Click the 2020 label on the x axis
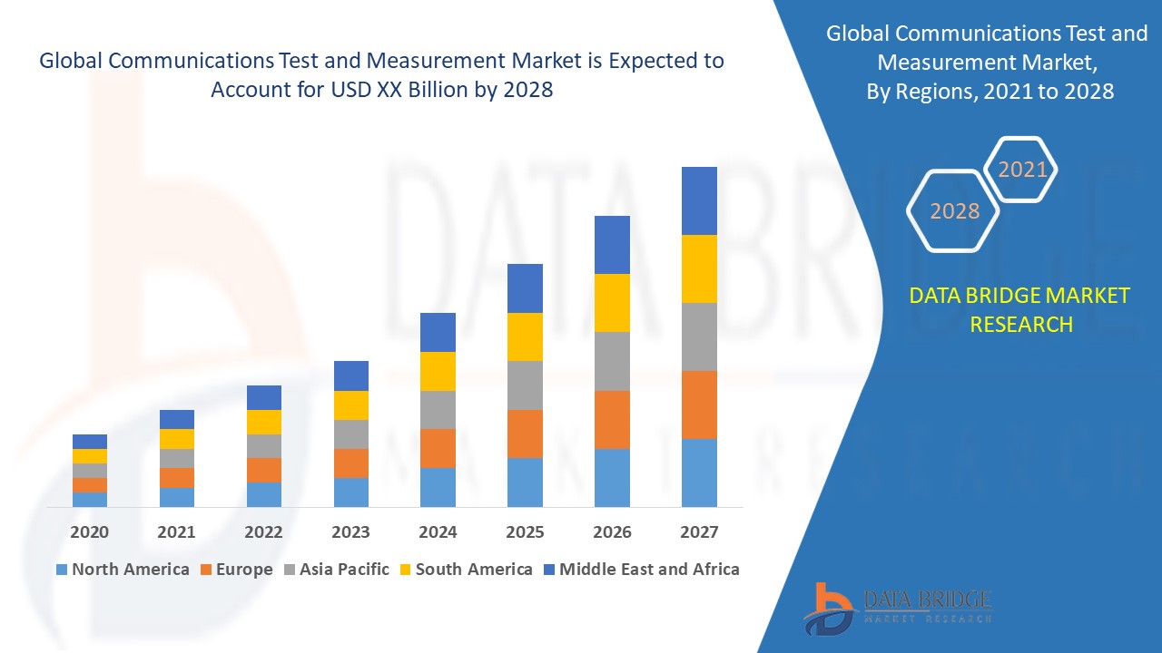tap(89, 531)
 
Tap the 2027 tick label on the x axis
tap(699, 531)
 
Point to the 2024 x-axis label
tap(438, 531)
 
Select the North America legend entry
tap(123, 570)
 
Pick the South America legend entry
tap(465, 570)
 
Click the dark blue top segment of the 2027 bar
tap(699, 200)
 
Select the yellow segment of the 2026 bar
tap(612, 303)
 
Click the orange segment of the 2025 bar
tap(525, 434)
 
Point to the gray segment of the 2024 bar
tap(438, 410)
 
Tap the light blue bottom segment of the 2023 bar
tap(351, 492)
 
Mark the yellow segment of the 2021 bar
tap(177, 439)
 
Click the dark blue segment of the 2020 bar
tap(90, 442)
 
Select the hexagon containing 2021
tap(1022, 170)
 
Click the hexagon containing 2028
tap(953, 210)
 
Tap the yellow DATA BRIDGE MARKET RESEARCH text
tap(1020, 309)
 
